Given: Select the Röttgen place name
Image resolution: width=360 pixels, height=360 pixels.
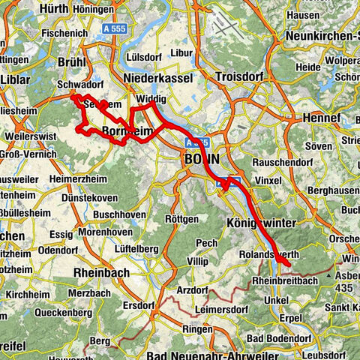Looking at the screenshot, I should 181,219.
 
